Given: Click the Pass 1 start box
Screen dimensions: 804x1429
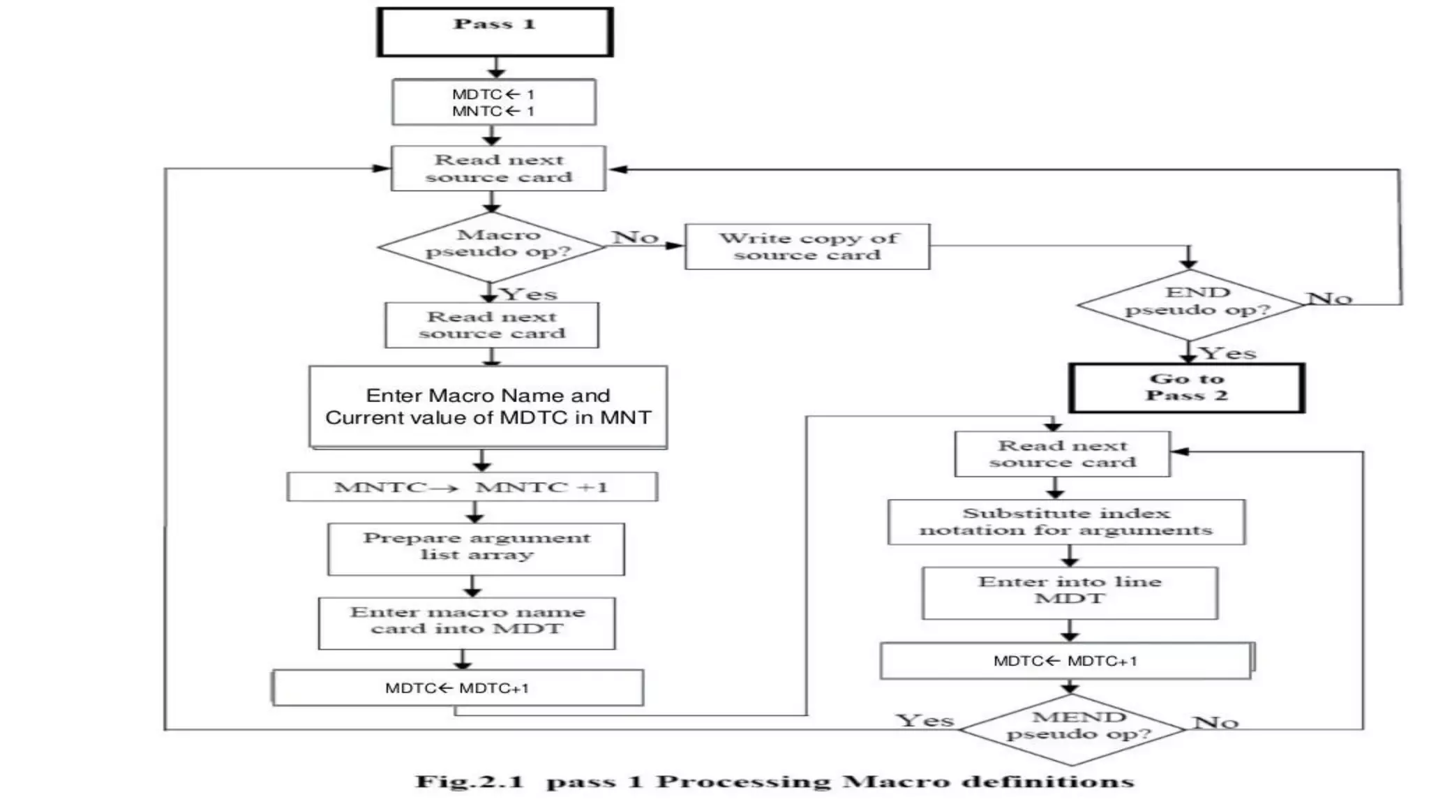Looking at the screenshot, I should (x=495, y=31).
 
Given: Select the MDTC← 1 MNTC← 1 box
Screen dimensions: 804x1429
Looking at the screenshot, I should (x=494, y=103).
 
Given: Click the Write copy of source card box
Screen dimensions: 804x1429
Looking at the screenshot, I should (x=807, y=246).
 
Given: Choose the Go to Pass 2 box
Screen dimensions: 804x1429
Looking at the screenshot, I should (x=1186, y=387).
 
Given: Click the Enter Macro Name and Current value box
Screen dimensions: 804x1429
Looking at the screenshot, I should (x=488, y=407).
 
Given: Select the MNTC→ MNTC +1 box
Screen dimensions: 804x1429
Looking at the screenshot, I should (x=472, y=487).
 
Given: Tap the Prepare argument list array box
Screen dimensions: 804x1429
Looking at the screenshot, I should (x=477, y=549).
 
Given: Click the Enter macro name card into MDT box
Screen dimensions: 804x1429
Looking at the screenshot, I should (x=467, y=623).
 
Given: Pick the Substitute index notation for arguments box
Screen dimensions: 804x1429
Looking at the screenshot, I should (x=1065, y=522).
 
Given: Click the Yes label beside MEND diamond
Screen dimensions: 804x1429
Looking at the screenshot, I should (x=925, y=720).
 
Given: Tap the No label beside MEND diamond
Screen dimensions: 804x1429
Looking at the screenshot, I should (x=1215, y=722).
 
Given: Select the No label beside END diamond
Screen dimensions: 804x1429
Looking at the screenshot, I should (x=1330, y=299).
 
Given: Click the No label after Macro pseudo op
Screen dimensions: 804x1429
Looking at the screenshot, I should (x=635, y=237).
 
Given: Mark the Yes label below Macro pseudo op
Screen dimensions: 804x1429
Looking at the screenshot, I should (x=529, y=294).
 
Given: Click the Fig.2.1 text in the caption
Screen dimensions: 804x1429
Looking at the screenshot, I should (x=469, y=782).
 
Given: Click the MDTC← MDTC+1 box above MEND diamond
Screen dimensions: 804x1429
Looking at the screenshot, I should (x=1065, y=660).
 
